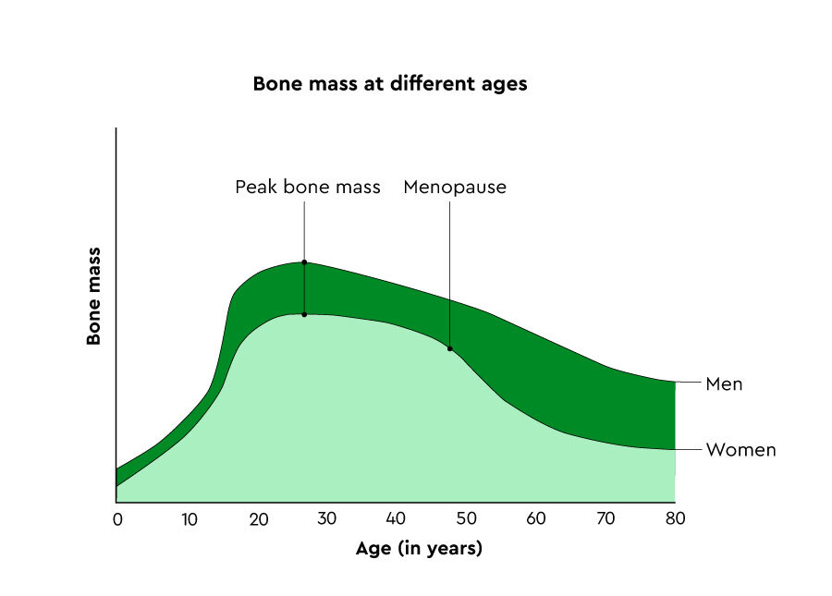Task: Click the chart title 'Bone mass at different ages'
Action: (x=389, y=84)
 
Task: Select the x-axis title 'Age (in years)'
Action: (x=419, y=549)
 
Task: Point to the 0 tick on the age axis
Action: (x=117, y=519)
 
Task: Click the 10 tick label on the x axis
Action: (x=189, y=519)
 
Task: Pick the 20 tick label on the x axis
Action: (x=258, y=519)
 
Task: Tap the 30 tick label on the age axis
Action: (x=327, y=519)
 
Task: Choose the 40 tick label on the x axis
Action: (x=397, y=519)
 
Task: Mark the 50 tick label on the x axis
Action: (x=466, y=519)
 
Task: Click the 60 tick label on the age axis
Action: (x=536, y=519)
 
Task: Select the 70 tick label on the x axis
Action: (x=606, y=519)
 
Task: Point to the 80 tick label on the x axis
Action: (x=675, y=519)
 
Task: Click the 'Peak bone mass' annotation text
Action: (x=307, y=188)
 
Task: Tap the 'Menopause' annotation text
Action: (x=455, y=188)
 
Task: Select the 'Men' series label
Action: (x=724, y=383)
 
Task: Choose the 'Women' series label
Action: (x=740, y=451)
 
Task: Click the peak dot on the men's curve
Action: (x=304, y=262)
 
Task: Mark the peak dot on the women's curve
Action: (x=304, y=314)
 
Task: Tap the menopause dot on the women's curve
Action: (x=450, y=348)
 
